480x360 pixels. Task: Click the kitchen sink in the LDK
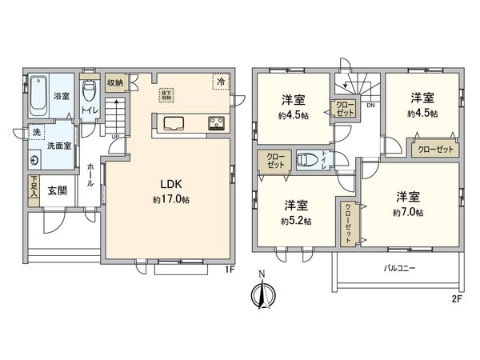174,123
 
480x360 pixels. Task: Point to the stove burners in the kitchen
216,123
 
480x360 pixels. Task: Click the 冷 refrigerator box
218,81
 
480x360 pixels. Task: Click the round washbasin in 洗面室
34,158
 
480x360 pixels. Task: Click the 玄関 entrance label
57,190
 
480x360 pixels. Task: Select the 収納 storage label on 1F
114,82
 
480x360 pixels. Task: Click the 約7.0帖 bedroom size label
408,212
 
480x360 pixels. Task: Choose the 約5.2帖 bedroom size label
296,220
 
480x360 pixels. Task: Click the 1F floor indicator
229,270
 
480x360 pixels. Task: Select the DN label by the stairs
370,105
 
